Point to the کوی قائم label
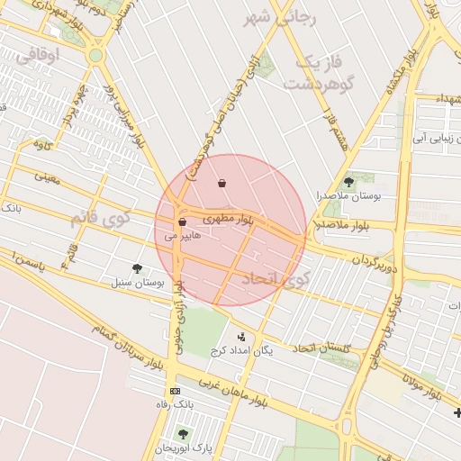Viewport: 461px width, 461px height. pos(101,218)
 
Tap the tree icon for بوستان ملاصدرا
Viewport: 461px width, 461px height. pos(348,182)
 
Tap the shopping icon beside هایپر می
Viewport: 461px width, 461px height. pos(182,221)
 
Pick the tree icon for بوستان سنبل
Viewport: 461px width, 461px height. pos(137,268)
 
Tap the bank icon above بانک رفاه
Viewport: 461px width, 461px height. pos(174,391)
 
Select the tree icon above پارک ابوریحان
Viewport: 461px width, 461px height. pos(183,434)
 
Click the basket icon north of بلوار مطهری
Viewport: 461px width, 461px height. pos(222,184)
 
